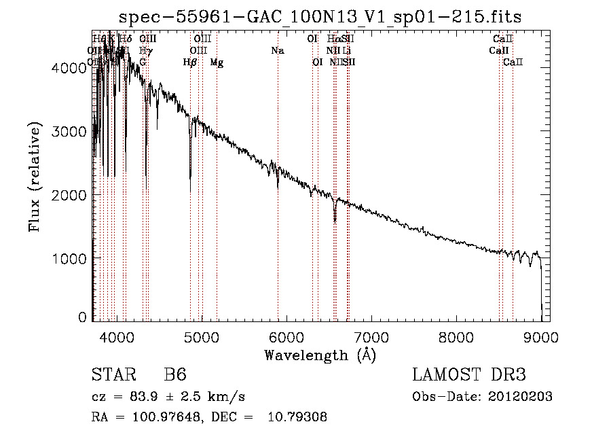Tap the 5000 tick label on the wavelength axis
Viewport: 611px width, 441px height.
[201, 335]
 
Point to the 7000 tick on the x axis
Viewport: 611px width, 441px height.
[371, 335]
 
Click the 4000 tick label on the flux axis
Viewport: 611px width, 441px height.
[71, 67]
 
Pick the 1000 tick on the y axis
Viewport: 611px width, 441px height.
[71, 258]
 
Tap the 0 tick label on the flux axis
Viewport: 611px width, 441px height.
[82, 317]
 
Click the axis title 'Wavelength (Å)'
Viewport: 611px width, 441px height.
[320, 355]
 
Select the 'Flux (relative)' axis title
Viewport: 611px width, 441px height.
[35, 176]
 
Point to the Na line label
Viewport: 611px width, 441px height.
[277, 50]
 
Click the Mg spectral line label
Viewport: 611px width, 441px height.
[217, 63]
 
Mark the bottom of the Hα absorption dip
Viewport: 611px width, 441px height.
[335, 221]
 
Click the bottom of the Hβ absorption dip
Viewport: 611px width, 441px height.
[190, 178]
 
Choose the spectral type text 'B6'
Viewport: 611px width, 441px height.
[175, 376]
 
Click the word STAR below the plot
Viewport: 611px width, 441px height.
[113, 376]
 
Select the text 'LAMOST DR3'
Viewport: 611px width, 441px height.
[469, 376]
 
